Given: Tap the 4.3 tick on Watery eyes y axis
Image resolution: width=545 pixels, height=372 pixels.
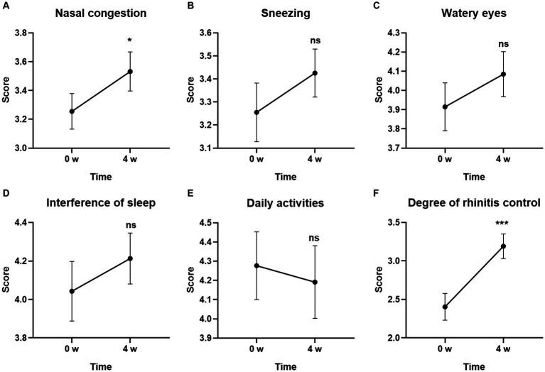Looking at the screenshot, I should pos(389,33).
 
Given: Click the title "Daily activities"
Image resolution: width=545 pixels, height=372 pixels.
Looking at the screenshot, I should pos(284,203).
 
